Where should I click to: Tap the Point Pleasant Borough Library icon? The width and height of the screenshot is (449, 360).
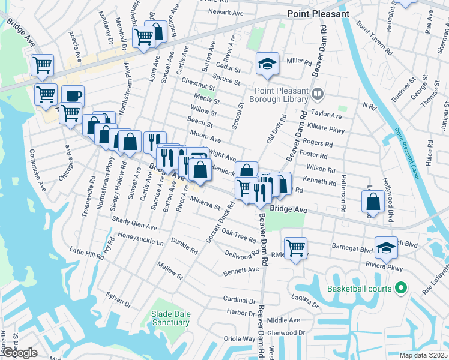[x=318, y=93]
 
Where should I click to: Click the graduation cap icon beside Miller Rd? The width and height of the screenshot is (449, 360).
[x=267, y=64]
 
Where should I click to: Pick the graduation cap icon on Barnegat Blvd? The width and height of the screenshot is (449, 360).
[x=386, y=246]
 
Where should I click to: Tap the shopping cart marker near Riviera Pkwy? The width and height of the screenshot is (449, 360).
[x=295, y=247]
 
